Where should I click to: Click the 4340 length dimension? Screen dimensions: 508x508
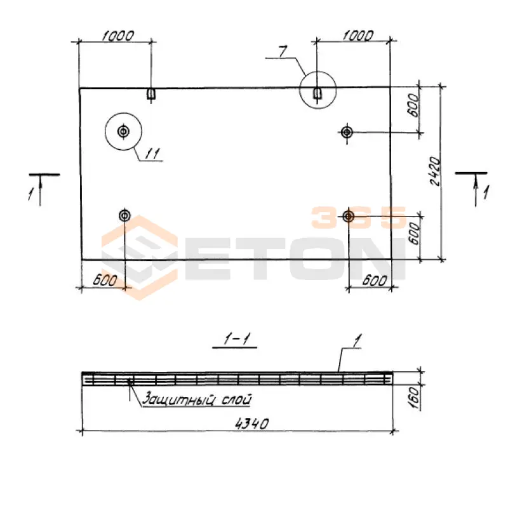point(251,424)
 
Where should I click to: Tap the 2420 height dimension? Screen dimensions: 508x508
point(435,171)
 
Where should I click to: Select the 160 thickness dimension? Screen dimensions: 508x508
point(415,398)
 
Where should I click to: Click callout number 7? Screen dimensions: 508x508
point(283,52)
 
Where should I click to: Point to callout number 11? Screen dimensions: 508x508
point(152,154)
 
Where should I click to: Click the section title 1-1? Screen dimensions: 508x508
point(236,339)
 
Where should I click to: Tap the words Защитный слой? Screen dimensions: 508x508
point(197,399)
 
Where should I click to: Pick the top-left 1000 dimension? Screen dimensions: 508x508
point(117,36)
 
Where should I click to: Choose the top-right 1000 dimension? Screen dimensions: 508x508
point(358,36)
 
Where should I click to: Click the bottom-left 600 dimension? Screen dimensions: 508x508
point(105,280)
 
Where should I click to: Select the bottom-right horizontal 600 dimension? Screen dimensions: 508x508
point(375,280)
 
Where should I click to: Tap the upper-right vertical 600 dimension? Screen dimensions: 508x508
point(413,105)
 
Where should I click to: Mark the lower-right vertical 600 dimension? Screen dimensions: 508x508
point(414,234)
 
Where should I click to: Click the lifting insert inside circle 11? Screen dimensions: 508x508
point(123,131)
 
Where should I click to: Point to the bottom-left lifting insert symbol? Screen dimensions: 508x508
point(124,215)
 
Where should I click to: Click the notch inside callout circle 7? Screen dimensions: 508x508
point(317,93)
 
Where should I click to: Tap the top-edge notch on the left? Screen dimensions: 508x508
point(150,93)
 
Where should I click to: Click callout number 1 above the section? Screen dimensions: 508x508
point(357,341)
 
